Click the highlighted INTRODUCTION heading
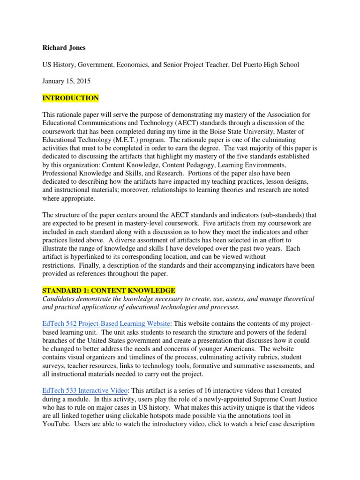click(x=71, y=98)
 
